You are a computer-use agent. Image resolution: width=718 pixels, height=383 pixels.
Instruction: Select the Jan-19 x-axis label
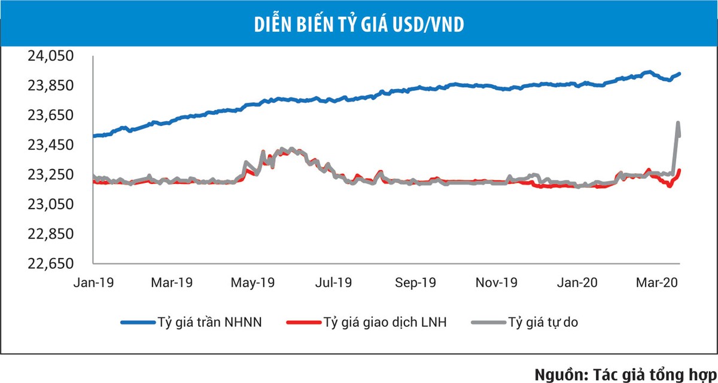tap(93, 282)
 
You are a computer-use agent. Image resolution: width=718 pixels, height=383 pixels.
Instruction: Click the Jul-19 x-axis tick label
tap(333, 282)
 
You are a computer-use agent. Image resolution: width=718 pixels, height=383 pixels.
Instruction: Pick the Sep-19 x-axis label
tap(415, 282)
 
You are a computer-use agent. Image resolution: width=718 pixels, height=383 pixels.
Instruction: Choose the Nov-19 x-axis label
tap(497, 282)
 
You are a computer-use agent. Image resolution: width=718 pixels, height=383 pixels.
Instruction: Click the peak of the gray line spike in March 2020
tap(678, 123)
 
